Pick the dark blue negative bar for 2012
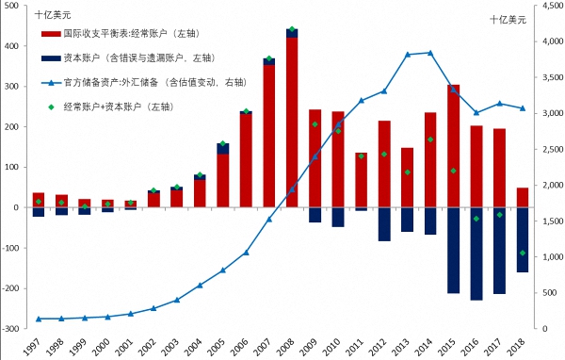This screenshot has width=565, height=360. click(384, 224)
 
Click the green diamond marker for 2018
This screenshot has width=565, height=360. click(522, 253)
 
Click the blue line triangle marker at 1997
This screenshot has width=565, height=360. click(39, 319)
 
